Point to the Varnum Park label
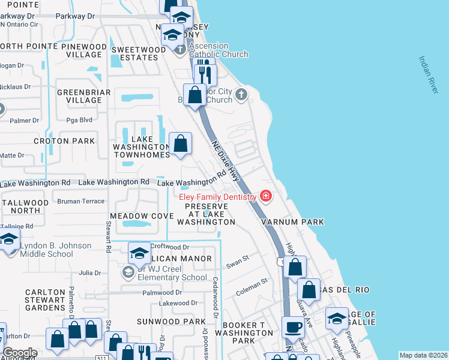pos(292,222)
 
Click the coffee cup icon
pos(293,328)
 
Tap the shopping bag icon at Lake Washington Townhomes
pos(181,144)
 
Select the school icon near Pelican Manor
pos(139,253)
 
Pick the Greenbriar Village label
pos(80,96)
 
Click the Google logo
pos(20,353)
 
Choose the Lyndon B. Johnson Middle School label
pos(55,250)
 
